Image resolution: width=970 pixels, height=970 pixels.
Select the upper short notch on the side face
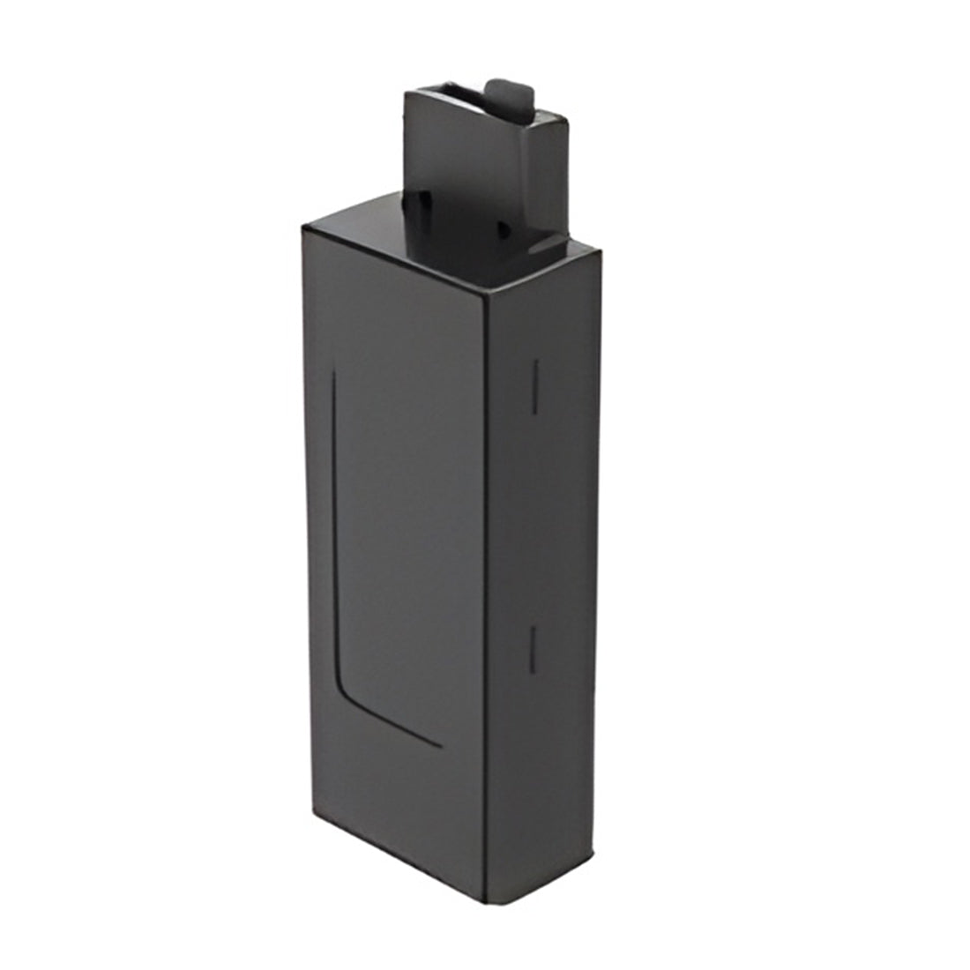pos(534,385)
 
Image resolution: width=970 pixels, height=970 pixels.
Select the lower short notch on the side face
pos(531,650)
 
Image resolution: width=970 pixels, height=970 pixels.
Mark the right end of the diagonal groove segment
pos(440,746)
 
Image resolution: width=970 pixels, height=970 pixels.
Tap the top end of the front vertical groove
pos(333,375)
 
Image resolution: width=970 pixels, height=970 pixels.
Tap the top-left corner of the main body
pos(303,228)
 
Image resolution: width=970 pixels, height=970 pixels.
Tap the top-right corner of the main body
pos(601,250)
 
